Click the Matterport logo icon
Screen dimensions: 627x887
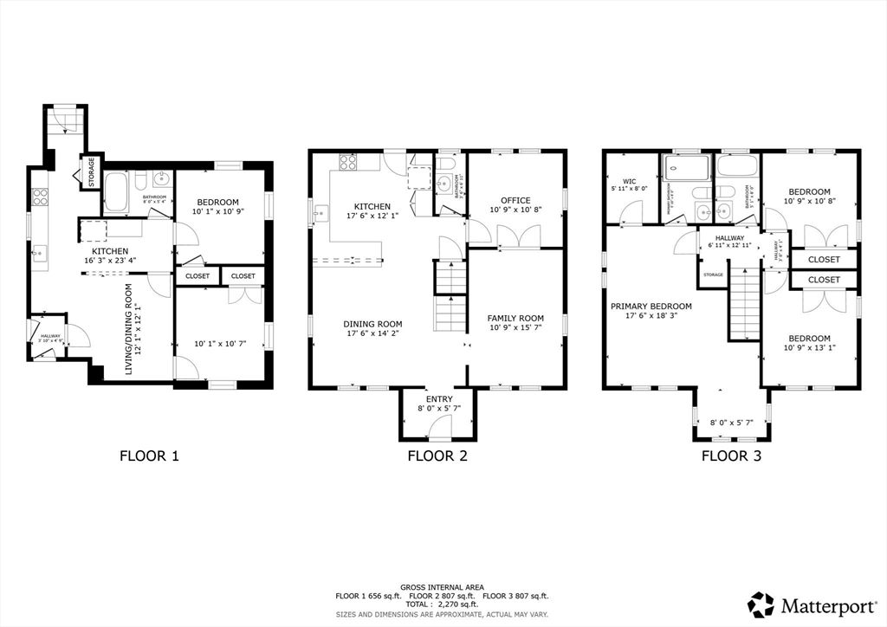pos(761,604)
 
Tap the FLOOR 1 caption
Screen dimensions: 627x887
pos(149,456)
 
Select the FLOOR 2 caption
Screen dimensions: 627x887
pos(437,456)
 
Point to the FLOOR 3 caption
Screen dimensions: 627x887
pos(731,456)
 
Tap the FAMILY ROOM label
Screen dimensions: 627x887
pos(515,318)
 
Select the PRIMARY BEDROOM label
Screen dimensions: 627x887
pos(651,306)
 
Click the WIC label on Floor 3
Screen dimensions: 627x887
pos(629,182)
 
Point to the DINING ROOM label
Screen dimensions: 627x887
pos(372,325)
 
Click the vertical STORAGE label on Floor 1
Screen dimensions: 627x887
pos(90,171)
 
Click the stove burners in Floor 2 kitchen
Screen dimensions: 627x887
pos(347,161)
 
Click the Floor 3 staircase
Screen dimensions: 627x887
pos(742,303)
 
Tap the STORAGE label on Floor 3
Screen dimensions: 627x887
pos(713,275)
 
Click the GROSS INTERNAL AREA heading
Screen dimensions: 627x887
pos(443,586)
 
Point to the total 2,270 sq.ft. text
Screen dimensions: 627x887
pos(443,605)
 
